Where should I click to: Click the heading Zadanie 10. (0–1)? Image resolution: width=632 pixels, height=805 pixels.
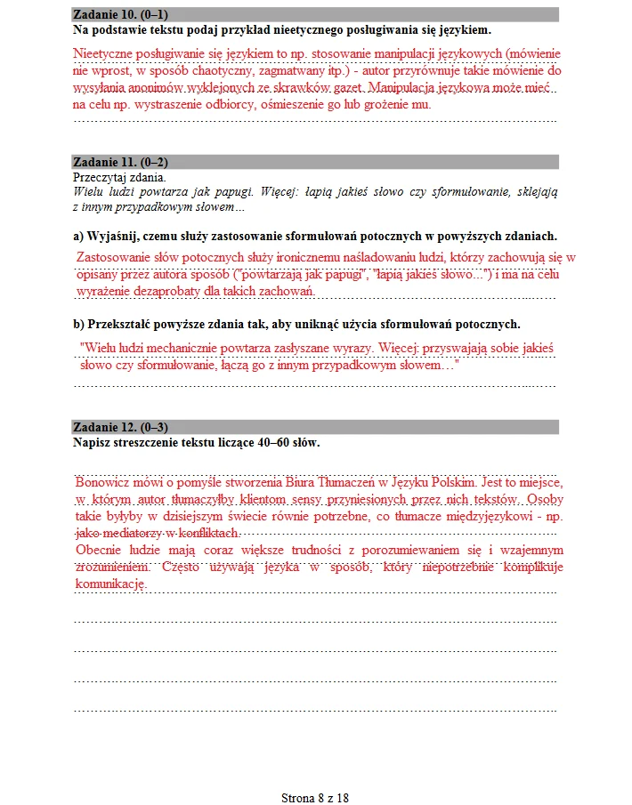121,15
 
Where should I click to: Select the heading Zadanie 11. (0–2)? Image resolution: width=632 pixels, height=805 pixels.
121,162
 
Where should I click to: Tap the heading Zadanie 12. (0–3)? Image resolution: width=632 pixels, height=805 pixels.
121,427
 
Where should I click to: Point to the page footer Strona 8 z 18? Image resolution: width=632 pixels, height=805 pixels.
315,797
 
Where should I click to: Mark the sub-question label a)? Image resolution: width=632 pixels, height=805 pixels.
78,236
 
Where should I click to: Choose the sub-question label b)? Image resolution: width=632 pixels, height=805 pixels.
78,324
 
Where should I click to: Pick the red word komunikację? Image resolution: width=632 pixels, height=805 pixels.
109,584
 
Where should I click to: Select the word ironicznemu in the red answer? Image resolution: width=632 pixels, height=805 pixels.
280,258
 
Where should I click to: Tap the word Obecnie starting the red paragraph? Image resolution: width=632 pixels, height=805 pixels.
98,550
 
